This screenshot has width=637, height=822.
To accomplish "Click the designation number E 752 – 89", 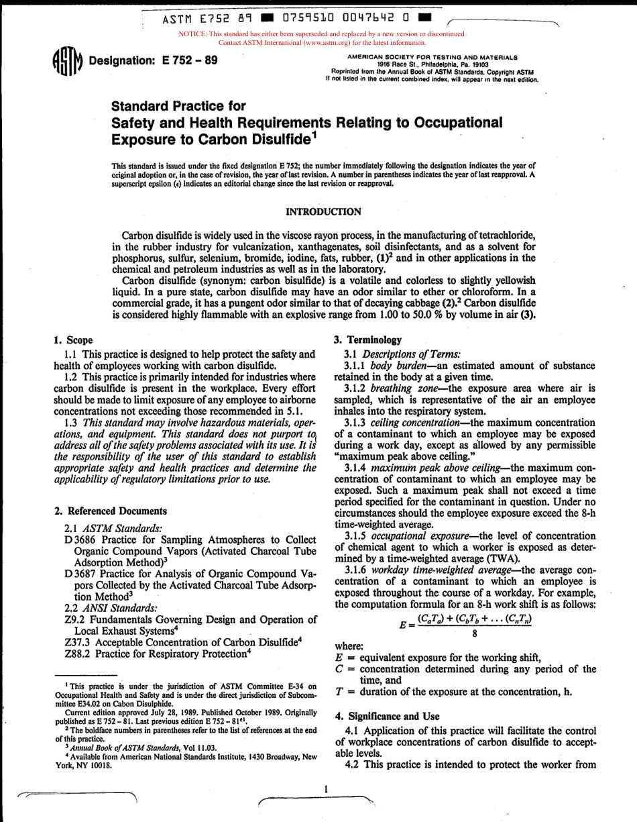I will point(190,60).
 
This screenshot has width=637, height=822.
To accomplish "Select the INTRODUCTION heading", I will point(323,211).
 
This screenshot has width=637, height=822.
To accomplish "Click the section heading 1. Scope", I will point(74,340).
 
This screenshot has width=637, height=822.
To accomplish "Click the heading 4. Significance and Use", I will point(386,717).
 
